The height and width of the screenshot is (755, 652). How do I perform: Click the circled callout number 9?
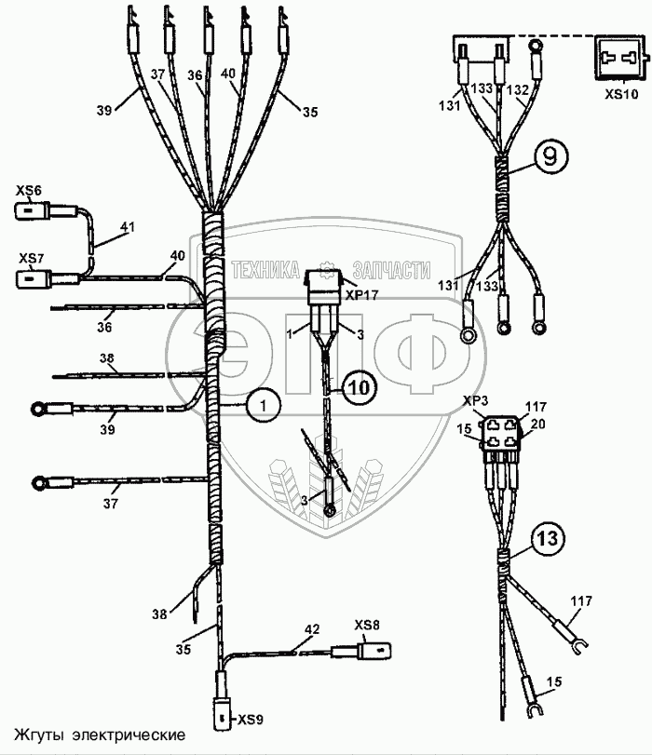(x=550, y=157)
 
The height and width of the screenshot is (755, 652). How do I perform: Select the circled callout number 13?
(x=548, y=538)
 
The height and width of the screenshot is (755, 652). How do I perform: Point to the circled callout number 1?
(x=265, y=405)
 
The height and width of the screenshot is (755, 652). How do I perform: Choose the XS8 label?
(x=366, y=624)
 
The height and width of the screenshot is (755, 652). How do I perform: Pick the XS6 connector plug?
(x=37, y=211)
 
